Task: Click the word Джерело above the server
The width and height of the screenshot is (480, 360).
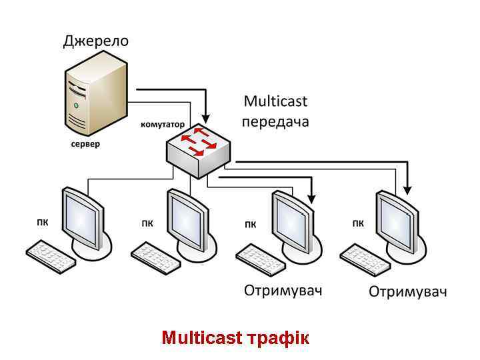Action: [x=96, y=41]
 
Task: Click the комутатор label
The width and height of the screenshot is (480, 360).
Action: [x=162, y=125]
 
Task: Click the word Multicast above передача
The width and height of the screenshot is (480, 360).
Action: [x=275, y=101]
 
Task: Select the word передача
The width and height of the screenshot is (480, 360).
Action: [x=275, y=121]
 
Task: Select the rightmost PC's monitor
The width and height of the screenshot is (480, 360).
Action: [x=397, y=220]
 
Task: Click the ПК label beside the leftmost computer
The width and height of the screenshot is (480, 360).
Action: [x=42, y=223]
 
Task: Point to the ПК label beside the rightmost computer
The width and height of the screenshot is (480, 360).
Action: [x=358, y=223]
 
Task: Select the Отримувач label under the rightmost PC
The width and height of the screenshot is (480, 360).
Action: [x=407, y=292]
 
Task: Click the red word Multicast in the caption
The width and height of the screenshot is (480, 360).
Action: [x=202, y=337]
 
